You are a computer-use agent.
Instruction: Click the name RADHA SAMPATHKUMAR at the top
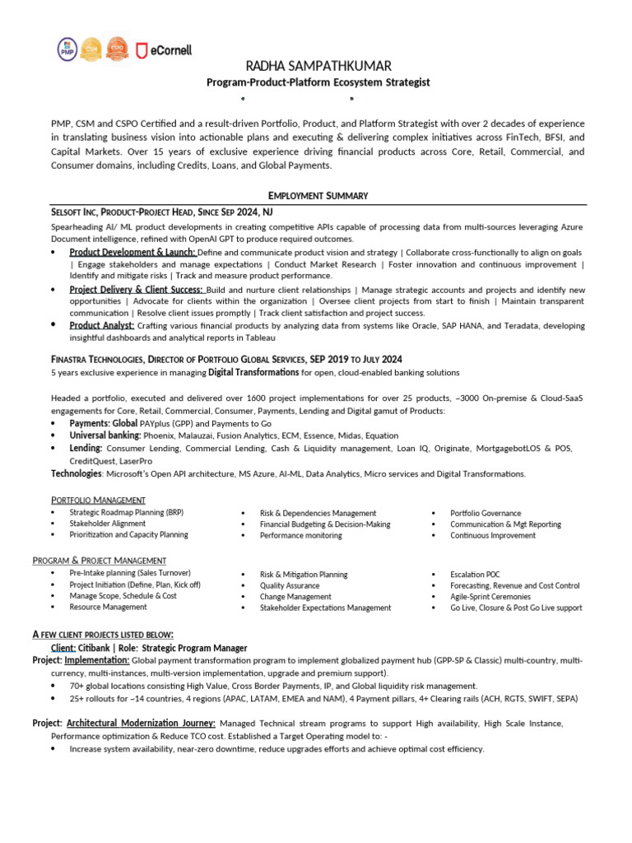click(x=317, y=66)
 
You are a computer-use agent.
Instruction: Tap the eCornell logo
click(x=165, y=50)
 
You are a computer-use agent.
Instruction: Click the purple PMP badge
click(x=67, y=49)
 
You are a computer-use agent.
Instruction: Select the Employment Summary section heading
click(x=318, y=195)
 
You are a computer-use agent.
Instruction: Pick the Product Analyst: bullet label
click(x=102, y=326)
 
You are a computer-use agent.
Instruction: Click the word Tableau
click(x=260, y=338)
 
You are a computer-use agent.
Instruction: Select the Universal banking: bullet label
click(x=105, y=435)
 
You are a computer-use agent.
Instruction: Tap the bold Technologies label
click(x=77, y=474)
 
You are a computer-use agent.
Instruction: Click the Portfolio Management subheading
click(x=98, y=500)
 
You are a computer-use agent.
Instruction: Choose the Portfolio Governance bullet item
click(x=486, y=513)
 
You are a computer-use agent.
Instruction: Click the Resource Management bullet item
click(x=109, y=607)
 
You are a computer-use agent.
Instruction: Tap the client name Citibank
click(x=100, y=648)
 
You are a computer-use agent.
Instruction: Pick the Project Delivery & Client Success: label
click(x=137, y=290)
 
